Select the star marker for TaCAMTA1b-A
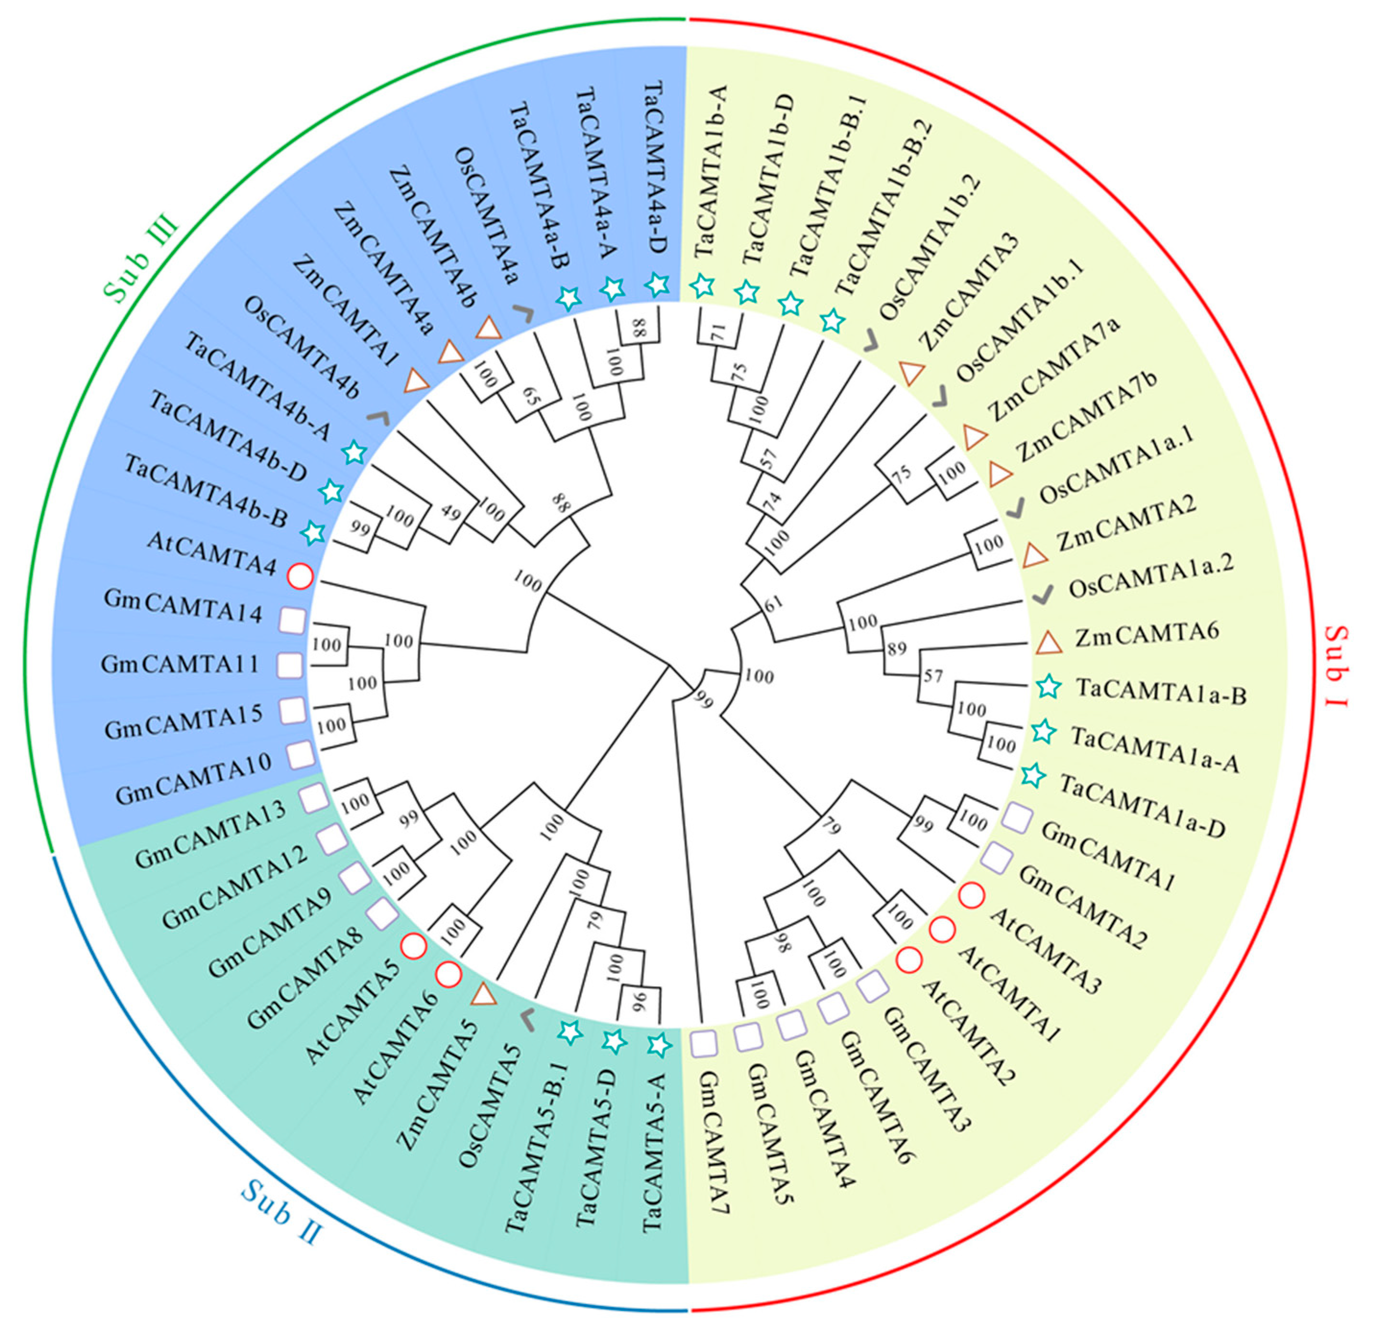(x=702, y=286)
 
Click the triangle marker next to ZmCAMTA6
(x=1048, y=641)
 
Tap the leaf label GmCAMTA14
(x=183, y=607)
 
